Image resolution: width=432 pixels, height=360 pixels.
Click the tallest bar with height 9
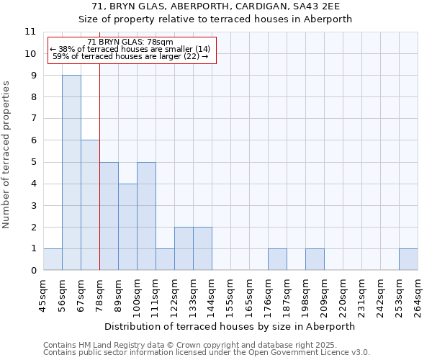coord(71,173)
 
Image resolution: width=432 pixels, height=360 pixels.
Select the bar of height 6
coord(90,205)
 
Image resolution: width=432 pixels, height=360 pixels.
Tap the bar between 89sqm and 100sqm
coord(127,227)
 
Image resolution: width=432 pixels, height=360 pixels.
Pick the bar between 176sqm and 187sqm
coord(277,260)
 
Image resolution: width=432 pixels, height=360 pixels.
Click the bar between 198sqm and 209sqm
coord(315,260)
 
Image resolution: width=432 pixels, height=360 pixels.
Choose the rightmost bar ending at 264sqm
coord(408,260)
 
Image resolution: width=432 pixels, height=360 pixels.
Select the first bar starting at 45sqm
coord(53,260)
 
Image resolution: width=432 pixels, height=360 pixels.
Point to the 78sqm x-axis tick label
coord(99,294)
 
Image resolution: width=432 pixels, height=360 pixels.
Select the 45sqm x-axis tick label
coord(43,294)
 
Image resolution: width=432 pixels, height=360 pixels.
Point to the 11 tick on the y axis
coord(30,32)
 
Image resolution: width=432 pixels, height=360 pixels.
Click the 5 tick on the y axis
coord(33,162)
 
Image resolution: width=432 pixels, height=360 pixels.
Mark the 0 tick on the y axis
coord(33,271)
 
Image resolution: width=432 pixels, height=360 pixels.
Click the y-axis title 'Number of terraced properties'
coord(7,154)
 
